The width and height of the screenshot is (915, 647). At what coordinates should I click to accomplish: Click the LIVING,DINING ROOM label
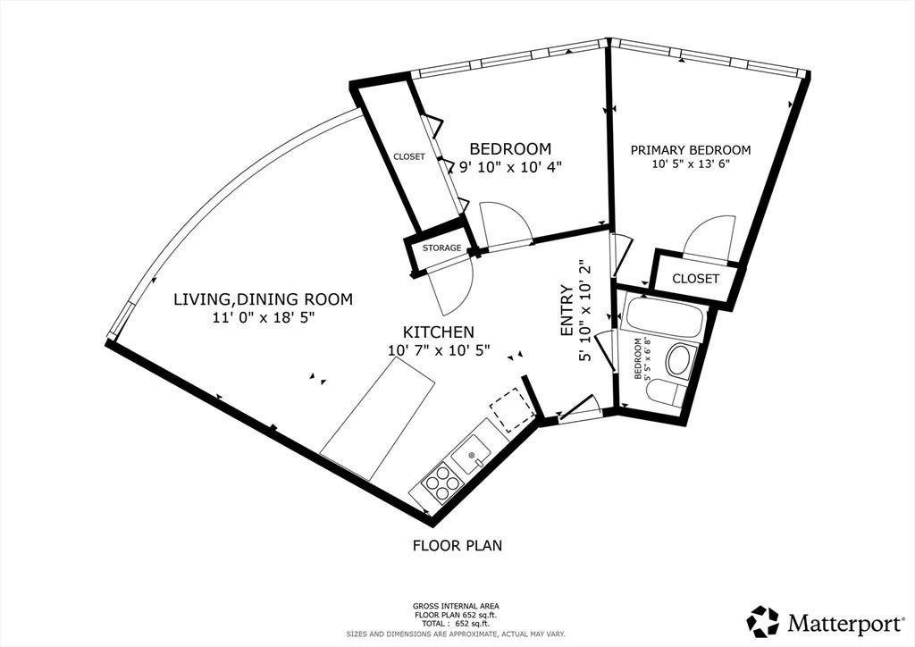tap(264, 299)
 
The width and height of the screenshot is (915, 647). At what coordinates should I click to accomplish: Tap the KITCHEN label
tap(438, 332)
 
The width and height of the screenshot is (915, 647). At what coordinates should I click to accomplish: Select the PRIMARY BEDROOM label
tap(691, 150)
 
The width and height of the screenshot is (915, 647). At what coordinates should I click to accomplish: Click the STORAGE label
tap(441, 248)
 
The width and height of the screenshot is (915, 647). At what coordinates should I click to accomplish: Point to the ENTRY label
tap(567, 310)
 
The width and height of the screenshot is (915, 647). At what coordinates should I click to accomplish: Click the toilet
tap(666, 392)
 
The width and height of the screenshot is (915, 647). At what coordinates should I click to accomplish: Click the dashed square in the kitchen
tap(512, 409)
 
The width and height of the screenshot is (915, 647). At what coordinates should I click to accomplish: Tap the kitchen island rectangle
tap(378, 419)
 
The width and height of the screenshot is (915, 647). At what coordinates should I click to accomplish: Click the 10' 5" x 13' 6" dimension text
tap(691, 164)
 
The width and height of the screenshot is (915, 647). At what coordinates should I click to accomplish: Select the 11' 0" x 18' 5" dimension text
tap(264, 318)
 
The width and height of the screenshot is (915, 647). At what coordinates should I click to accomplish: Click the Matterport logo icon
tap(763, 621)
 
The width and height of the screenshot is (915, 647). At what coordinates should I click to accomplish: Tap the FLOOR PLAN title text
tap(457, 545)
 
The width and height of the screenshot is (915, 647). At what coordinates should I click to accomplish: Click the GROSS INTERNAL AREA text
tap(456, 606)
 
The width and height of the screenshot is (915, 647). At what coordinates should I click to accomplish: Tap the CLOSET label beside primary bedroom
tap(695, 278)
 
